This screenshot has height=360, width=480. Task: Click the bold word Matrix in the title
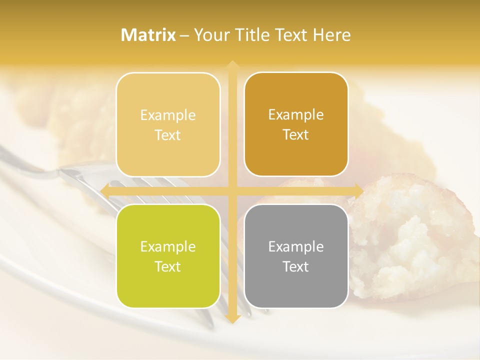pyautogui.click(x=148, y=35)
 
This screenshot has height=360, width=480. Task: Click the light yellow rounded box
pyautogui.click(x=168, y=124)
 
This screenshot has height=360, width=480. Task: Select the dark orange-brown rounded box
pyautogui.click(x=296, y=124)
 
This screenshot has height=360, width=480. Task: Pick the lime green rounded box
pyautogui.click(x=168, y=256)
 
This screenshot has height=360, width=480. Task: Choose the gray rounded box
pyautogui.click(x=296, y=256)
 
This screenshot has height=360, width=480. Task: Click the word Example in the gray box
pyautogui.click(x=296, y=246)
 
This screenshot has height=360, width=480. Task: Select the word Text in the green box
pyautogui.click(x=168, y=266)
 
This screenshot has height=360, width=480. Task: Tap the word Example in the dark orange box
pyautogui.click(x=296, y=114)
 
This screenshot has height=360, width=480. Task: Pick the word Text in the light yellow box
pyautogui.click(x=168, y=135)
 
